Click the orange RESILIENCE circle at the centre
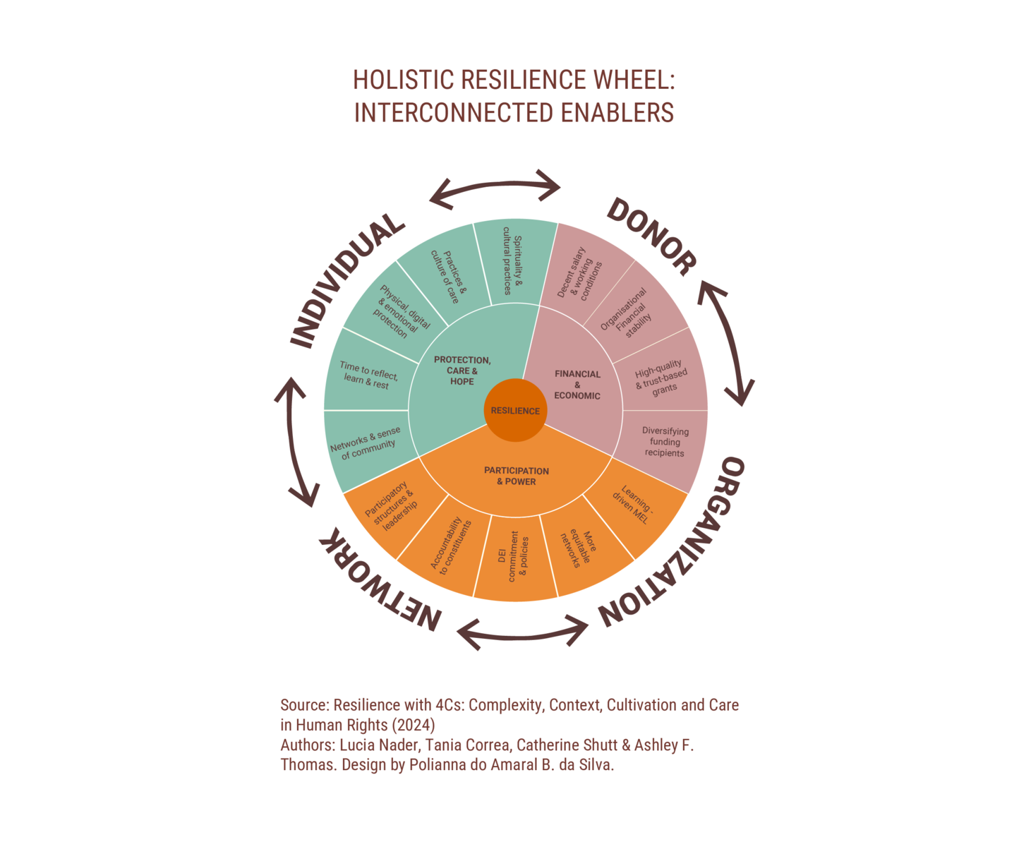point(515,410)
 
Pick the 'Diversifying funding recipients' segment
point(664,442)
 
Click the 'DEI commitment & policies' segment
point(513,557)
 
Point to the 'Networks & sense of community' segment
point(366,443)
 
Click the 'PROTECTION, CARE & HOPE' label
point(462,371)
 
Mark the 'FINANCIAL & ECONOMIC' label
point(577,385)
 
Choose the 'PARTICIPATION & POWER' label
point(517,476)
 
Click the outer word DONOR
point(651,236)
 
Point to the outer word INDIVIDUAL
point(346,279)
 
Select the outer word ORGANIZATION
point(674,543)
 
